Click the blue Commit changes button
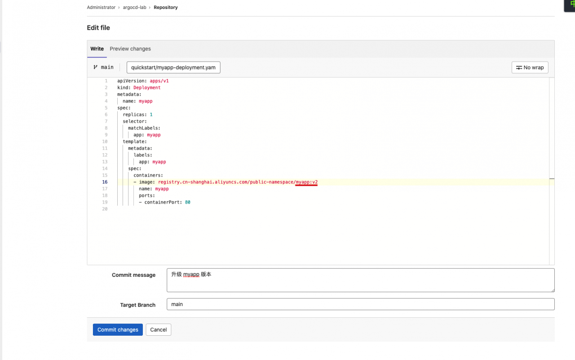tap(118, 329)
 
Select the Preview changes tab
tap(130, 49)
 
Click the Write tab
tap(97, 49)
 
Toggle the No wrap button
tap(530, 67)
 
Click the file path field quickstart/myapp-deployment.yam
tap(173, 67)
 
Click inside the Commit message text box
tap(360, 280)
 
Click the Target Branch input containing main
tap(360, 304)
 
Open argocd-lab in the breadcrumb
tap(134, 8)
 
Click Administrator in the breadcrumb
tap(101, 8)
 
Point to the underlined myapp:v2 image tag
tap(306, 182)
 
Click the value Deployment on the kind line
tap(147, 88)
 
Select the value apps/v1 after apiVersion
tap(159, 81)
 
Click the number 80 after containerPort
tap(188, 202)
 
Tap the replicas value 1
tap(151, 115)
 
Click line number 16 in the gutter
tap(105, 182)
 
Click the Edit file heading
tap(98, 28)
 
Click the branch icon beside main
tap(96, 67)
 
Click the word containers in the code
tap(147, 175)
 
